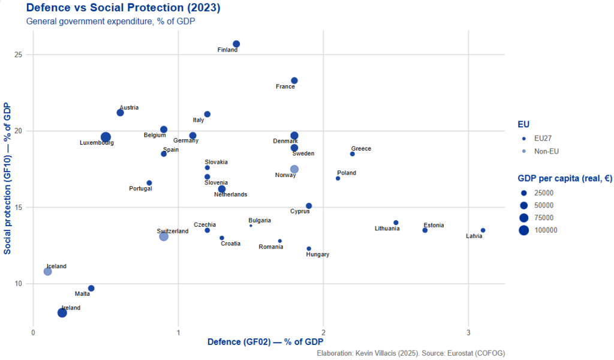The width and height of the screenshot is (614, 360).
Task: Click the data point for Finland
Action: (236, 44)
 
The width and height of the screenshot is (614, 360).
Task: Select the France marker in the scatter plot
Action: (294, 80)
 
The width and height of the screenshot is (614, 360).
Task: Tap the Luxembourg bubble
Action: (106, 137)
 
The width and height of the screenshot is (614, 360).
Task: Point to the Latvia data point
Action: (483, 230)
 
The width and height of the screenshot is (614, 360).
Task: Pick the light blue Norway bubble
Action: (294, 169)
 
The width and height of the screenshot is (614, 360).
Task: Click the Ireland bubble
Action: (62, 313)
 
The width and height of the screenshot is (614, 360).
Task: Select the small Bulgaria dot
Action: (251, 226)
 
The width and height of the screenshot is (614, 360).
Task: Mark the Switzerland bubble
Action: (164, 236)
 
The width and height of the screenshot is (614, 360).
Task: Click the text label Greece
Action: (361, 149)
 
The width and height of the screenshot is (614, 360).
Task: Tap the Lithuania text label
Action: (387, 229)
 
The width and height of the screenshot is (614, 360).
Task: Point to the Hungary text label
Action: (317, 254)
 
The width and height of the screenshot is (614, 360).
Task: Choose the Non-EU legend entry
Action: (546, 151)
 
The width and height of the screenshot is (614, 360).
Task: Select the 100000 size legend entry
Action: (546, 230)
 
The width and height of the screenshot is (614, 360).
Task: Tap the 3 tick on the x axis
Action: (468, 332)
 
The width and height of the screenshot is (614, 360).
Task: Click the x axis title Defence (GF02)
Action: (261, 342)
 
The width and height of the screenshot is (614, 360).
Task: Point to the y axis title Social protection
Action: (8, 178)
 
